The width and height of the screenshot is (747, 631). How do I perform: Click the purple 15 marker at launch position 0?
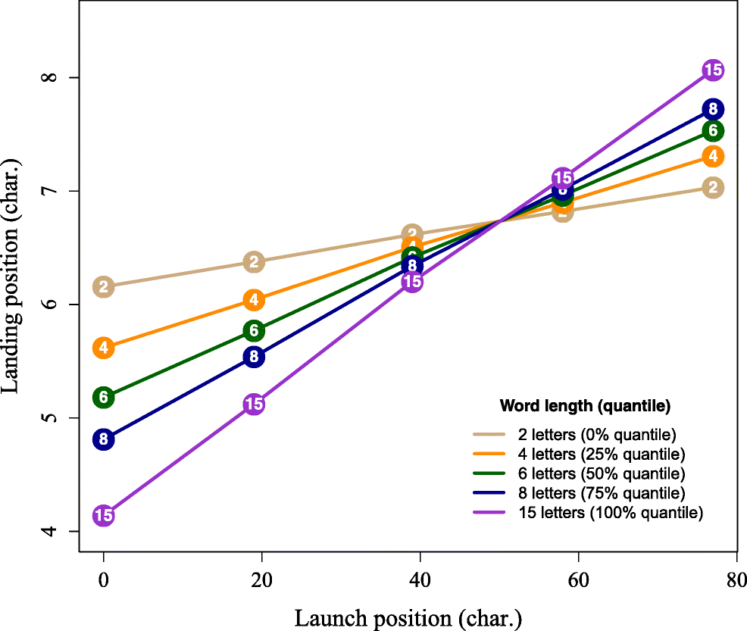(x=104, y=516)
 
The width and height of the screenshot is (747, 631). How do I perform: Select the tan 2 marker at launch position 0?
(x=104, y=286)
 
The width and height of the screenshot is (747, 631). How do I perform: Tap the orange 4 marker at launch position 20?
(x=254, y=300)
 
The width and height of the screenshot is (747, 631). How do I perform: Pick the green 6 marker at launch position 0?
(x=104, y=397)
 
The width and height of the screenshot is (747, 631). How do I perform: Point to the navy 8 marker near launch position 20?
(x=254, y=357)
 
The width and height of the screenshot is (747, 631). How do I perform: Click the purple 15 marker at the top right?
(x=712, y=70)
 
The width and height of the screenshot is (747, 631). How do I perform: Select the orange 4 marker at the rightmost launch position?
(x=712, y=156)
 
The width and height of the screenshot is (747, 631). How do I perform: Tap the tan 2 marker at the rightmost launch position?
(x=712, y=188)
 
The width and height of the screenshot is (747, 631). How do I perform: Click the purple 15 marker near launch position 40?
(x=412, y=282)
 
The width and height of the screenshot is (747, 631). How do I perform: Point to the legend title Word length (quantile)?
(x=585, y=406)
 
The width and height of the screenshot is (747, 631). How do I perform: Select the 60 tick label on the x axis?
(x=578, y=581)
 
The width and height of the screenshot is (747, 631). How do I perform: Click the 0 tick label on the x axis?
(x=104, y=581)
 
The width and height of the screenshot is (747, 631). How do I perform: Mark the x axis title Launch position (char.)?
(x=408, y=617)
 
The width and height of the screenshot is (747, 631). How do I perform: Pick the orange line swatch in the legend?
(x=489, y=455)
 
